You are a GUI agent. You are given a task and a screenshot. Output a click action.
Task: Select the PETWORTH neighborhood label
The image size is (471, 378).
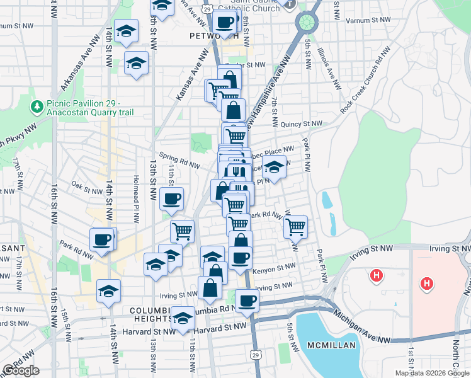(210, 36)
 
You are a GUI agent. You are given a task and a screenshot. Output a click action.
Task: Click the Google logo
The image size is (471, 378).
(21, 371)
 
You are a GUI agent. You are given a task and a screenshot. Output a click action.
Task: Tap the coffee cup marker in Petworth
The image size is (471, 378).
(225, 23)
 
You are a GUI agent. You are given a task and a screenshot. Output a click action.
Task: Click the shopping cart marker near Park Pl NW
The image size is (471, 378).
(295, 226)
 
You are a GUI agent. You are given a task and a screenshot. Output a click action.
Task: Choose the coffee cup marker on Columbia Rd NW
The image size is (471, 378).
(247, 301)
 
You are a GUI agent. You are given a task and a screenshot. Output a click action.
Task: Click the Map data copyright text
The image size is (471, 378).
(431, 373)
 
